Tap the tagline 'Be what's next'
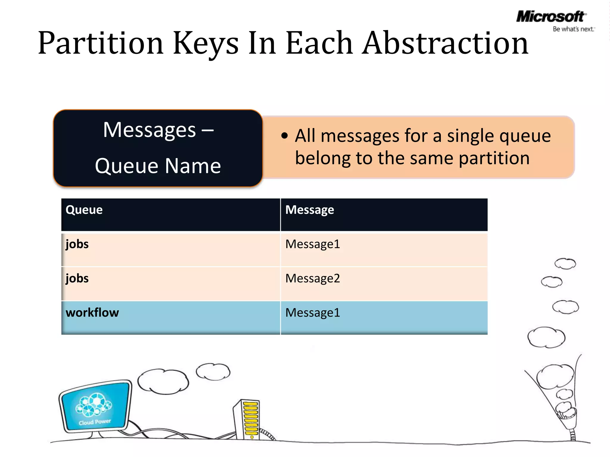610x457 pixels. tap(573, 29)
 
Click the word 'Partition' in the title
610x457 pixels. tap(101, 43)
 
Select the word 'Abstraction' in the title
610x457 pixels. tap(445, 43)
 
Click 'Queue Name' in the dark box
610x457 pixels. tap(158, 166)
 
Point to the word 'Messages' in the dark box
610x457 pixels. tap(150, 130)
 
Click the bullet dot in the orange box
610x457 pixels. tap(285, 136)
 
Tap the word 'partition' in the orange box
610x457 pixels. tap(494, 158)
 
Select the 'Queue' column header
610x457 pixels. tap(84, 210)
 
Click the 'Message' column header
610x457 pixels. tap(309, 210)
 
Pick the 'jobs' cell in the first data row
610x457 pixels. tap(77, 244)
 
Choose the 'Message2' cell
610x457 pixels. tap(312, 278)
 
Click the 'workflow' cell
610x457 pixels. tap(92, 313)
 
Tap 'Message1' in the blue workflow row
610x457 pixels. tap(312, 313)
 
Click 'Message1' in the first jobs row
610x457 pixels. tap(312, 244)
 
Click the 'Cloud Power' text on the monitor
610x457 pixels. tap(95, 422)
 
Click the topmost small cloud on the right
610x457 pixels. tap(565, 264)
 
